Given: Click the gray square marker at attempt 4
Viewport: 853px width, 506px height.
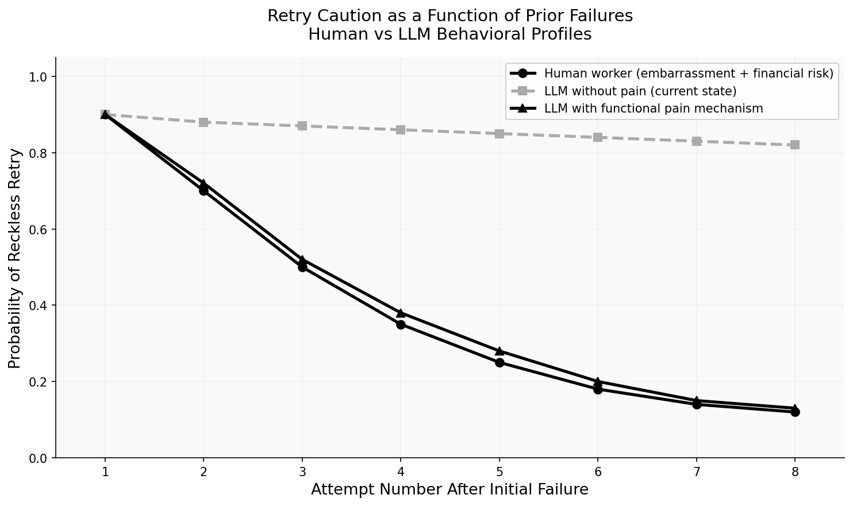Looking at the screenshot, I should point(401,130).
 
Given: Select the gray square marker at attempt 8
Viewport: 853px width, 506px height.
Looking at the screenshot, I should point(795,145).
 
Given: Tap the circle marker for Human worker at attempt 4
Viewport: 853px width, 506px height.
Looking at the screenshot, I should point(401,325).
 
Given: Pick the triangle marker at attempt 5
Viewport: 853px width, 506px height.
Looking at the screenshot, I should point(499,351).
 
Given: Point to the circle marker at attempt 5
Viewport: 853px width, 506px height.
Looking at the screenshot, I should point(499,362).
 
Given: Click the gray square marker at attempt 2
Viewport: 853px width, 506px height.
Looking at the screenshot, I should point(203,122).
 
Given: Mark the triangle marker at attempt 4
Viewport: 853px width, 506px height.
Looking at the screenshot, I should point(401,313).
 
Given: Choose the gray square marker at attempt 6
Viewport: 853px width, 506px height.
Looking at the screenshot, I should point(598,137).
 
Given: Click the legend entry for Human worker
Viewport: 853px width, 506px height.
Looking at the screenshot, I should point(688,74).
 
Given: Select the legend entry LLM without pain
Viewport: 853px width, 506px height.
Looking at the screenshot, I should point(640,91).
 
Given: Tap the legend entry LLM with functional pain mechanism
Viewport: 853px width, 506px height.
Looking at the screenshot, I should point(653,109).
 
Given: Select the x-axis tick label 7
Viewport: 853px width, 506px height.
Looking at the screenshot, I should point(697,472).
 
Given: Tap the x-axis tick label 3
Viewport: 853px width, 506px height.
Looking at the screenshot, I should point(302,472).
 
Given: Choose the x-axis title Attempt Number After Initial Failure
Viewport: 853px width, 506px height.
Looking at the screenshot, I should point(449,489).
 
